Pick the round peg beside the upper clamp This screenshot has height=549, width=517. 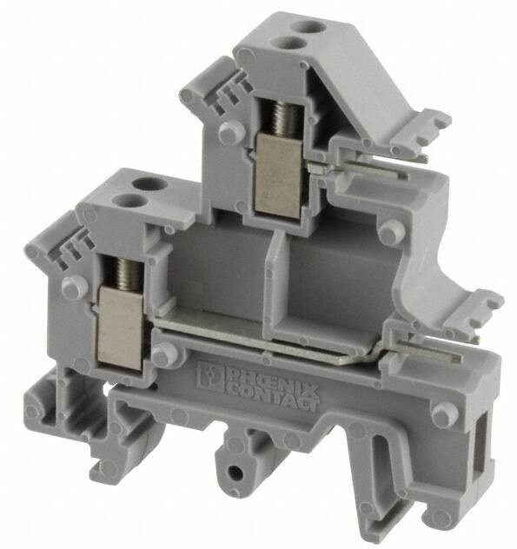(229, 133)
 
